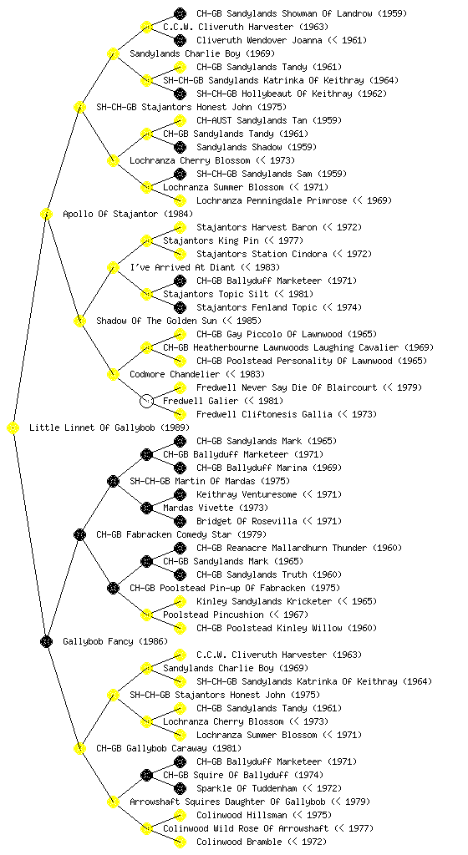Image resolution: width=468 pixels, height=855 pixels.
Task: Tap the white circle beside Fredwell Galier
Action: tap(146, 401)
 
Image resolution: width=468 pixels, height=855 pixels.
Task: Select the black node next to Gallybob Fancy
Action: tap(46, 641)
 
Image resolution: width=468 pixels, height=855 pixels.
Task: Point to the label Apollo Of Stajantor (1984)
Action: tap(128, 214)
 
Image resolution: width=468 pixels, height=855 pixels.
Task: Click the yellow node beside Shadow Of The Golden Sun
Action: tap(79, 321)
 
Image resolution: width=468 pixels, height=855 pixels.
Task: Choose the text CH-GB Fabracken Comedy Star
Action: tap(164, 534)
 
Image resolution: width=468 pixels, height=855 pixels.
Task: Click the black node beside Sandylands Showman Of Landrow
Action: tap(180, 13)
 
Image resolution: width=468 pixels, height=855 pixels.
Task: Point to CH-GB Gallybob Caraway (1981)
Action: tap(169, 748)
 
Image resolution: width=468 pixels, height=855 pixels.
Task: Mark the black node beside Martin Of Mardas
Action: tap(113, 481)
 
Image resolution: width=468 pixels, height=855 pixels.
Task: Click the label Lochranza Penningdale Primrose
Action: tap(272, 200)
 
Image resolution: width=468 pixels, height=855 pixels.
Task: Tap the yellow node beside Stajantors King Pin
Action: tap(146, 240)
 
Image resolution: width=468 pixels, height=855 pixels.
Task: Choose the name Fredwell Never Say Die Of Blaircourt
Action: tap(287, 387)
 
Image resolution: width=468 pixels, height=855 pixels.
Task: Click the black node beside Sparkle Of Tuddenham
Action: tap(180, 788)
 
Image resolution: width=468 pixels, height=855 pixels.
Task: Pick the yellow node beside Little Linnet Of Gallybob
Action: tap(13, 427)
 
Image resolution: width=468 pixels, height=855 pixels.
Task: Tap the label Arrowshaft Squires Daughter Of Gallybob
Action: tap(227, 802)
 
